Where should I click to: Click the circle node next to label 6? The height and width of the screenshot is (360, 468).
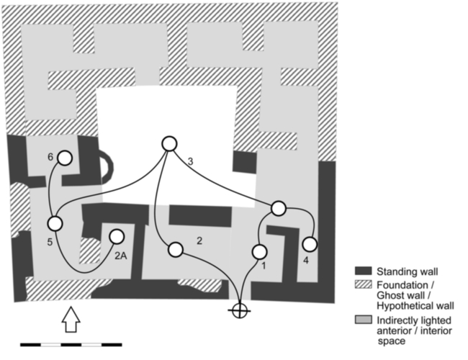click(65, 158)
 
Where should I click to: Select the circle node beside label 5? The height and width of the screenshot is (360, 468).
click(55, 223)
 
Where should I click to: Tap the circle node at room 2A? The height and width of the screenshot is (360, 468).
click(117, 236)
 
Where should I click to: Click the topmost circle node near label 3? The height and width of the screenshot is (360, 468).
click(169, 144)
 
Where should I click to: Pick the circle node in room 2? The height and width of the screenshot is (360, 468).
click(175, 250)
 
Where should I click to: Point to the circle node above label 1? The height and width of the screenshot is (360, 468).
click(260, 251)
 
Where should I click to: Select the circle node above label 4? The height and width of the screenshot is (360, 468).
click(310, 243)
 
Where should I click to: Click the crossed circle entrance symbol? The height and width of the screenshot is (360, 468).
click(239, 310)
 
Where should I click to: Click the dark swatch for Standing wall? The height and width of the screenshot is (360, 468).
click(363, 271)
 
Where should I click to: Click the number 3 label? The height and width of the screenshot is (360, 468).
click(189, 161)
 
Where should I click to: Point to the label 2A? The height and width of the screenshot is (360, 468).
click(122, 253)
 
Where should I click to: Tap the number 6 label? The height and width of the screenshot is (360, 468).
click(50, 156)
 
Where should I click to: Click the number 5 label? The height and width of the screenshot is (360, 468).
click(49, 242)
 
